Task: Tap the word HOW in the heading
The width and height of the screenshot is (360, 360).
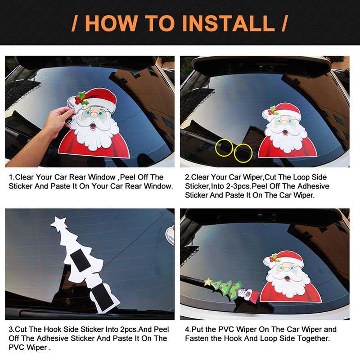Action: [x=111, y=23]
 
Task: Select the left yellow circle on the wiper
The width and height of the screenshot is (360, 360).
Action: [x=224, y=148]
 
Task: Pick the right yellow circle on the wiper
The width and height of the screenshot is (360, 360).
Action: [x=243, y=153]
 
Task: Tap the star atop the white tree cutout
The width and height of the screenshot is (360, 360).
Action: [x=59, y=223]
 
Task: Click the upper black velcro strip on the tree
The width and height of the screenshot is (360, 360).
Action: [x=81, y=261]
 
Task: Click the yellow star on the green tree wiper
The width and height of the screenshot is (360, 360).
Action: [x=208, y=282]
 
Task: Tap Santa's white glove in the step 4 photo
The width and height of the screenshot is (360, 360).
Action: [x=245, y=294]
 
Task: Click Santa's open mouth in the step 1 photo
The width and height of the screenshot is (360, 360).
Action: [x=93, y=126]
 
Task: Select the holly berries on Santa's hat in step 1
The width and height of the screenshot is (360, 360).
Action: [x=79, y=100]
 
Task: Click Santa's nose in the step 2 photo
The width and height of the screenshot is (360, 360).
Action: [x=285, y=123]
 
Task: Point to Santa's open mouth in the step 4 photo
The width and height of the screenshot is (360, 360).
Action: [x=286, y=279]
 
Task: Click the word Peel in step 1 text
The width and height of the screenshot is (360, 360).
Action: [x=128, y=177]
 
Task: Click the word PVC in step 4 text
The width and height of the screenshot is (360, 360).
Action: [x=226, y=329]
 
